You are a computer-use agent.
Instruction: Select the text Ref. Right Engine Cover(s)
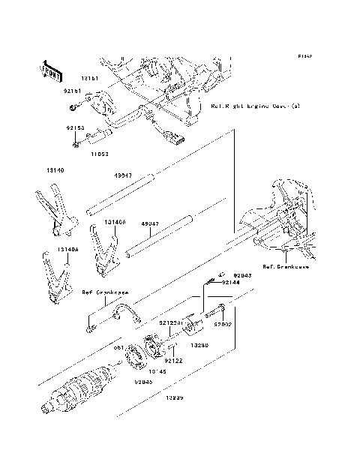255,106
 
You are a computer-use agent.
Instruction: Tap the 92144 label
231,283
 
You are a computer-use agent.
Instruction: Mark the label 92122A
170,321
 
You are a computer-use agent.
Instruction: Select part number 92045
144,382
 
